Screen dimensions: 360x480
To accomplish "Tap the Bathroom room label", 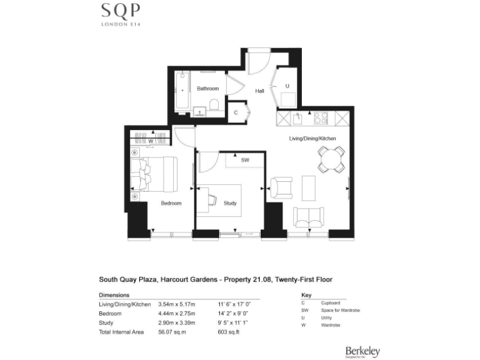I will (x=207, y=89).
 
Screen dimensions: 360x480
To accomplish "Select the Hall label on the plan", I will (x=259, y=91).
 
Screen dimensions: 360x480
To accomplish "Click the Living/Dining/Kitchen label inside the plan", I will (x=312, y=137).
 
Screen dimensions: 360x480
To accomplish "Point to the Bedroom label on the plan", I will (x=171, y=203).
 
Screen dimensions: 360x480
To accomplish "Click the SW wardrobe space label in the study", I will (x=245, y=160).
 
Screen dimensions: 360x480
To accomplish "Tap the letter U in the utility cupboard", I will (x=287, y=86).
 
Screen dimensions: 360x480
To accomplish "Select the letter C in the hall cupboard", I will (x=236, y=113).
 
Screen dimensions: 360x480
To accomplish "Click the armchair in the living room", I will (x=281, y=187).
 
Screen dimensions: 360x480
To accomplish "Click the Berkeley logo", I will (x=362, y=352).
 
